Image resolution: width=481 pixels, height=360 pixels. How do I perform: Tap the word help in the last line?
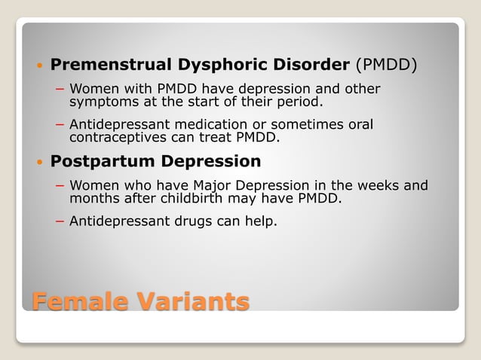click(259, 222)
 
